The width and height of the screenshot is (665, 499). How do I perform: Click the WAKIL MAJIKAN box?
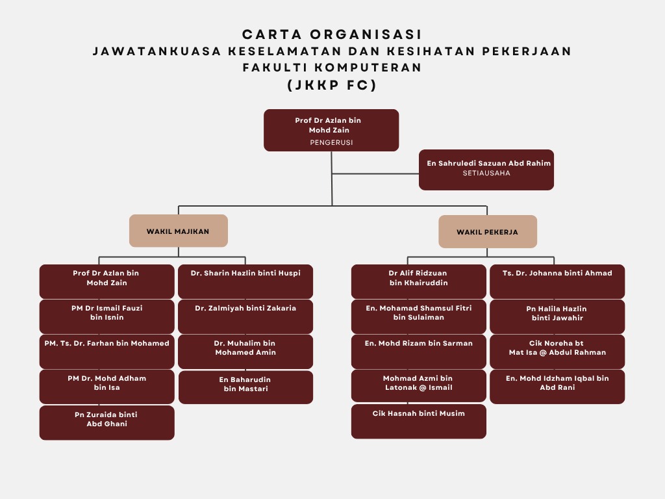[178, 231]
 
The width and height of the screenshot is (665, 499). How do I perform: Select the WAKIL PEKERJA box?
[487, 231]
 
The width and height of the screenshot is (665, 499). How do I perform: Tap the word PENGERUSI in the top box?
[331, 142]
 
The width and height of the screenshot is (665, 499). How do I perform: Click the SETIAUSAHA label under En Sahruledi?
[486, 173]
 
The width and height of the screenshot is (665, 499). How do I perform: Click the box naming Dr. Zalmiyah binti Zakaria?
[245, 316]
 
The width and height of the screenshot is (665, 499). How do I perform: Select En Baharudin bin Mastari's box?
[245, 387]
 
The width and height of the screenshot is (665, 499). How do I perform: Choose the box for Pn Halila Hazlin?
[557, 316]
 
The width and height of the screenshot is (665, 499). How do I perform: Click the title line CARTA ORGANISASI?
[332, 34]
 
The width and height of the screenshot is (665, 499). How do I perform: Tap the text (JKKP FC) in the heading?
[332, 84]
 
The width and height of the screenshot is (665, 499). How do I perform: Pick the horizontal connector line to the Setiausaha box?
[375, 173]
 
